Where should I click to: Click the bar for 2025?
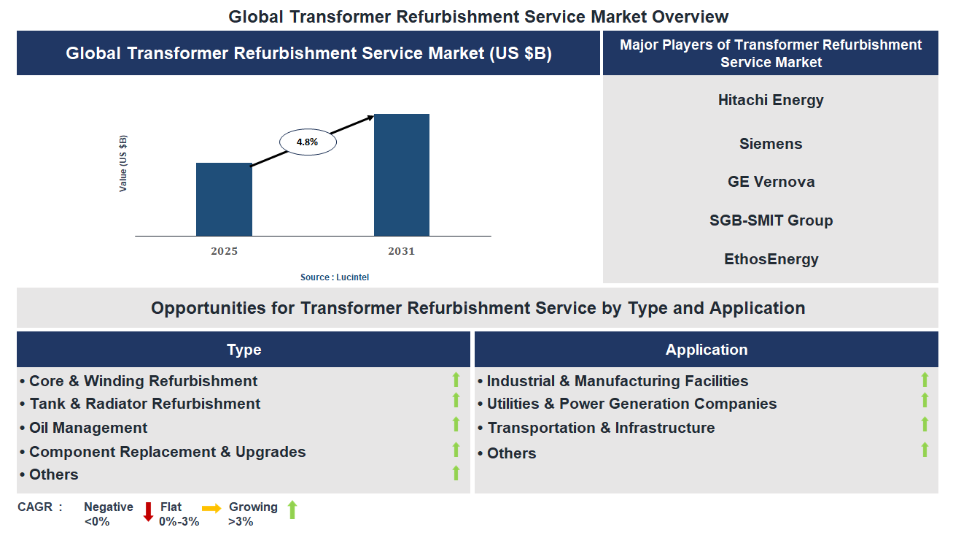[x=224, y=199]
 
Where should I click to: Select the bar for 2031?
[x=401, y=175]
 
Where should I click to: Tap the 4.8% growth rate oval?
[x=308, y=142]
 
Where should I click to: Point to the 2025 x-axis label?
[x=224, y=251]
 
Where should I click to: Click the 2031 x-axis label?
[x=401, y=251]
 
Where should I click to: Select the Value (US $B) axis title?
[x=123, y=164]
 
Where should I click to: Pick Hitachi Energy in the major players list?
[x=771, y=100]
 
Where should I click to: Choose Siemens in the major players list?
[x=771, y=144]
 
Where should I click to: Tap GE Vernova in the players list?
[x=771, y=182]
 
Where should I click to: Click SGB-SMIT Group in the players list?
[x=771, y=220]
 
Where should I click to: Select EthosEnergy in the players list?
[x=771, y=259]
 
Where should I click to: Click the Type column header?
[x=244, y=350]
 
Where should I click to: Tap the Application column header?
[x=706, y=350]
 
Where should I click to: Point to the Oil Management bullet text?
[x=88, y=428]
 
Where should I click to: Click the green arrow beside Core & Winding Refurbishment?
[x=456, y=379]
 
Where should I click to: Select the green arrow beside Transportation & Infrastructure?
[x=925, y=425]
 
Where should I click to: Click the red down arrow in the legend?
[x=148, y=511]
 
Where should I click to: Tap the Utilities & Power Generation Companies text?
[x=631, y=404]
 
